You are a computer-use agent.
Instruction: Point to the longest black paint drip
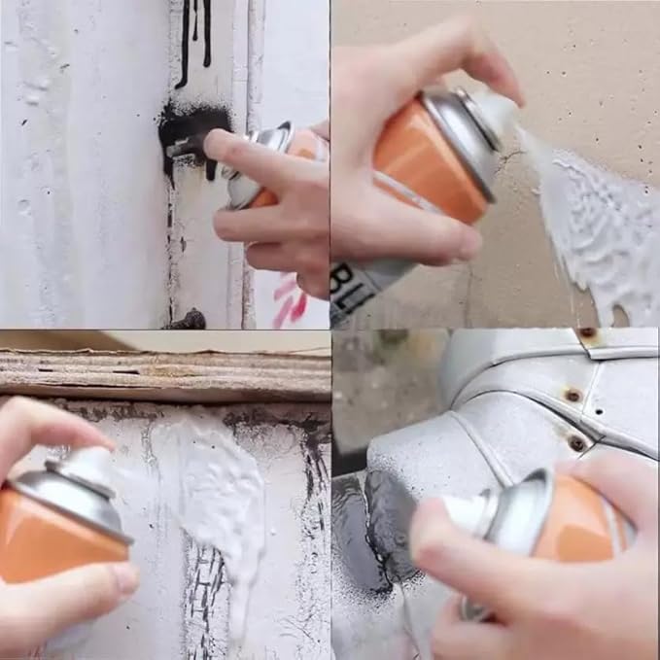(183, 44)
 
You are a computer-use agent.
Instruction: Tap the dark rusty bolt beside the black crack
(191, 319)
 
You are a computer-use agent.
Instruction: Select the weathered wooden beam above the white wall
(165, 374)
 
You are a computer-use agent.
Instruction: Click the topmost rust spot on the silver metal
(588, 333)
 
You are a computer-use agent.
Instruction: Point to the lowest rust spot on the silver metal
(577, 443)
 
